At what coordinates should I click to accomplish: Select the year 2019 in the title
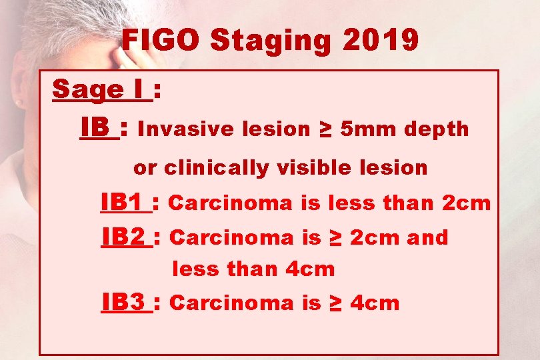[380, 41]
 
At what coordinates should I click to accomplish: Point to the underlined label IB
[97, 127]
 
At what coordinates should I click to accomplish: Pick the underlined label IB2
[125, 237]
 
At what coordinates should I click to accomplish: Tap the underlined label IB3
[125, 303]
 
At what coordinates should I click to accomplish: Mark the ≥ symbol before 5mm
[325, 129]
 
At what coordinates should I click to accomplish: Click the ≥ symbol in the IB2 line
[335, 237]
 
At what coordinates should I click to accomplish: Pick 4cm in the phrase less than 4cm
[310, 269]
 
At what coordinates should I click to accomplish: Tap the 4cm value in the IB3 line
[374, 303]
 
